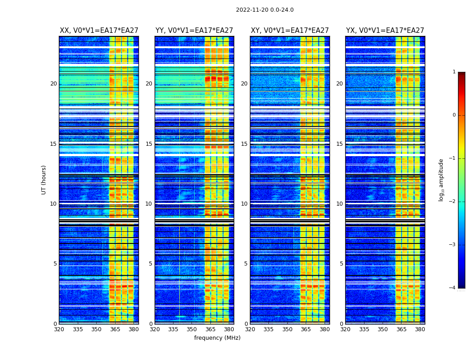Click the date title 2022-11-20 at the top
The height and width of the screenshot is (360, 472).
264,10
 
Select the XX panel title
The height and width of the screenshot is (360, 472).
99,31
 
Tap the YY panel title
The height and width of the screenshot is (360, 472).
194,31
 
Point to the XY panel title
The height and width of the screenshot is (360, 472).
289,31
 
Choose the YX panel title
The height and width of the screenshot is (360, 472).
385,31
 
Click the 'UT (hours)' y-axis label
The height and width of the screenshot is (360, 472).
44,180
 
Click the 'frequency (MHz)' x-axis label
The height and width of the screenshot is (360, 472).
217,338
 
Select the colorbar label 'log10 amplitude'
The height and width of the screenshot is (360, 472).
441,180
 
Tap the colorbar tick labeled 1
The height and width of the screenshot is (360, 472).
454,72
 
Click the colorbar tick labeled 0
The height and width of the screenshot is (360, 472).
454,115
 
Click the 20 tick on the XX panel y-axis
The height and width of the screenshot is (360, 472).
53,84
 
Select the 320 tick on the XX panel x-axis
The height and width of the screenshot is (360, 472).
59,329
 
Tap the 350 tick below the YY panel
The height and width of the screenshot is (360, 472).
192,329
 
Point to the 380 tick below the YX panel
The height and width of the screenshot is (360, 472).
420,329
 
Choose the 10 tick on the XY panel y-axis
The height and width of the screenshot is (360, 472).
244,204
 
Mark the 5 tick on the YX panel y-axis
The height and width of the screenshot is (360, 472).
341,264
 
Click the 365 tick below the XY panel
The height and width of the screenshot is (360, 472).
306,329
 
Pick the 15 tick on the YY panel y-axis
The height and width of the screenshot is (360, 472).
149,144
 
